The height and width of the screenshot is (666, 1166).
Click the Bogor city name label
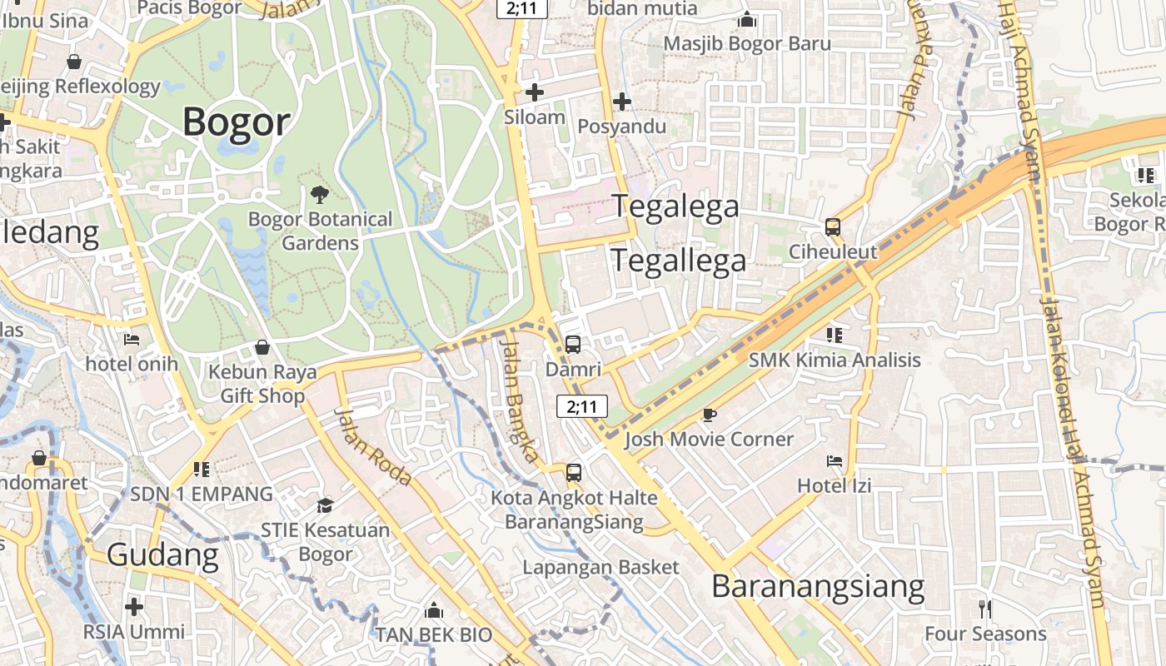point(237,122)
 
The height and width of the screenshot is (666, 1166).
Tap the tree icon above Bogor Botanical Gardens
point(319,195)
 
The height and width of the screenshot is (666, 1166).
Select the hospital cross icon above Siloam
point(535,92)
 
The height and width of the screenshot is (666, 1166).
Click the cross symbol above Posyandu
point(621,102)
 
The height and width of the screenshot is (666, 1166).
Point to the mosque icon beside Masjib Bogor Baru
point(747,18)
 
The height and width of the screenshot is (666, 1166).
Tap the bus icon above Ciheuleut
point(832,226)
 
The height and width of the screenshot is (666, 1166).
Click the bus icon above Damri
point(573,344)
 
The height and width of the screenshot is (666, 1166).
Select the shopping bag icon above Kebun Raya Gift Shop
point(262,346)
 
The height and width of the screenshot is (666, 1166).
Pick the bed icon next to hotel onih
point(132,339)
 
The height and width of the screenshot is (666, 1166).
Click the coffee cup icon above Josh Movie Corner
point(709,414)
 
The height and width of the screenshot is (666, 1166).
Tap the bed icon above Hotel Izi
point(835,460)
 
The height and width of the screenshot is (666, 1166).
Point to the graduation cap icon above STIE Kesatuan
point(325,505)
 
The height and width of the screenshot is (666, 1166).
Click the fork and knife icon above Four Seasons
point(985,609)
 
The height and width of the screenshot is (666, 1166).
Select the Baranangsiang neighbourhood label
point(818,587)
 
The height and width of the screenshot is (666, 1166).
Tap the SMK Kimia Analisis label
point(835,360)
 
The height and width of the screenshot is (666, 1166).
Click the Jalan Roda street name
point(374,447)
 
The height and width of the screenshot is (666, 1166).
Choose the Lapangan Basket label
point(600,567)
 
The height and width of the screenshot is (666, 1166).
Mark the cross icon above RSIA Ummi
point(134,606)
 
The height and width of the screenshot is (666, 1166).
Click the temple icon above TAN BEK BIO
point(433,610)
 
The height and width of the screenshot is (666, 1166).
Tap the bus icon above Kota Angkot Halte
point(574,473)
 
